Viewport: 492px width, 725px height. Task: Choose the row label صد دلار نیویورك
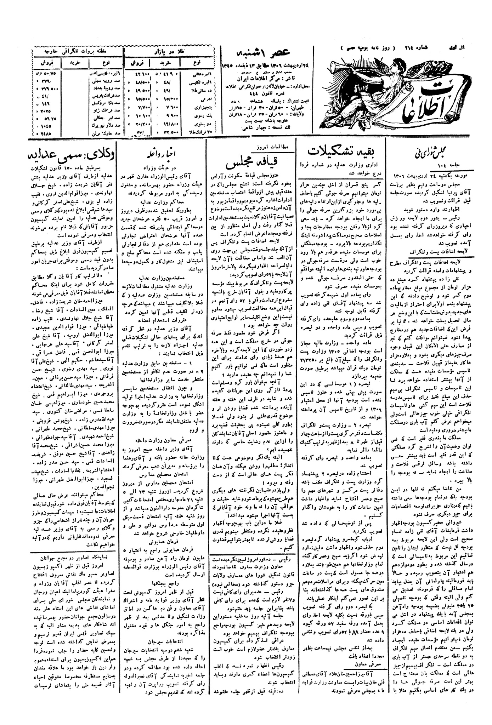pyautogui.click(x=99, y=125)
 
